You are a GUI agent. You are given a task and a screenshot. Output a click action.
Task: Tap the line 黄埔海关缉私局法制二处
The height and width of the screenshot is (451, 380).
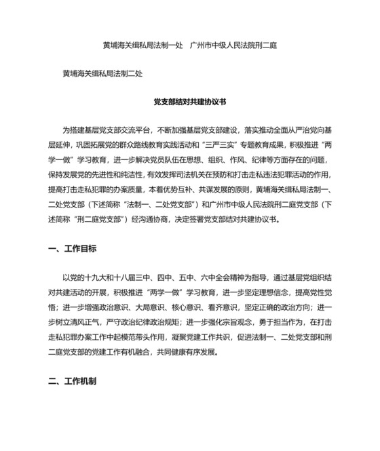click(x=102, y=71)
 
